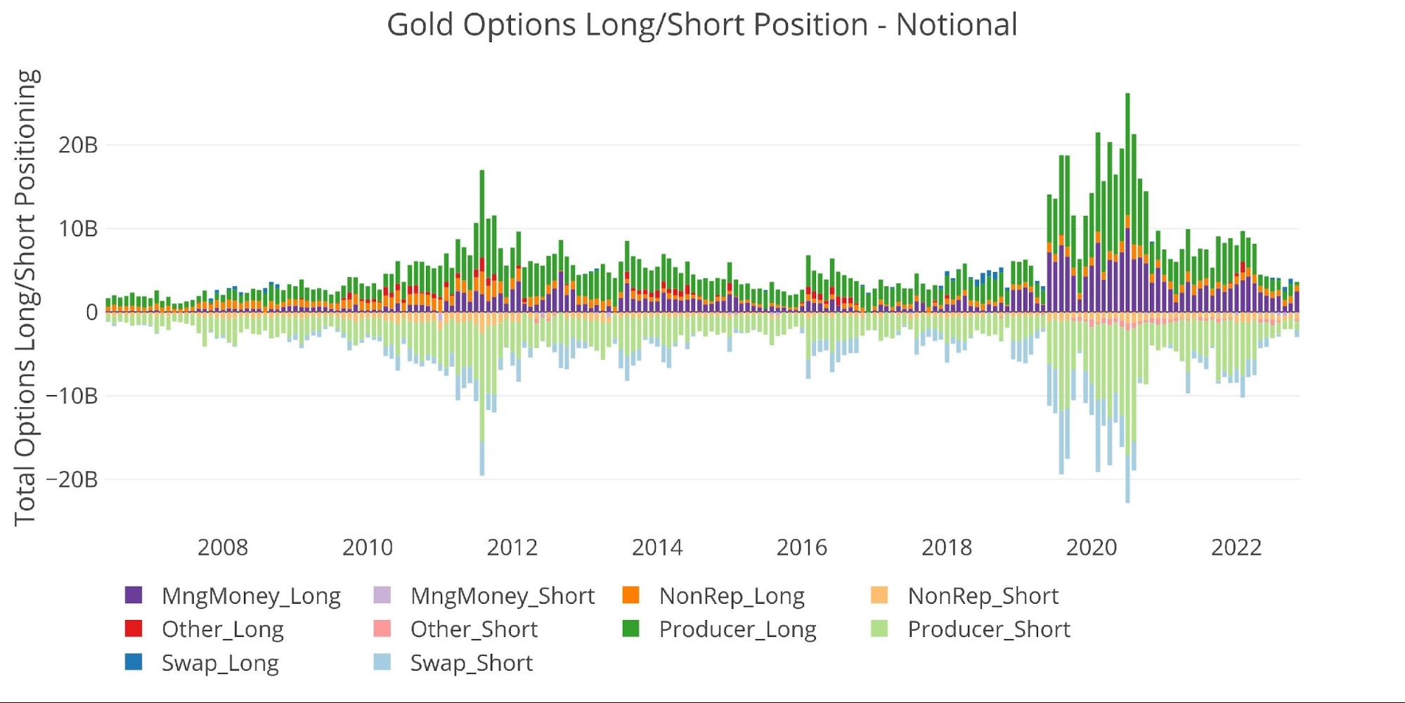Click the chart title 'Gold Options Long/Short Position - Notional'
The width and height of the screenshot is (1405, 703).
702,25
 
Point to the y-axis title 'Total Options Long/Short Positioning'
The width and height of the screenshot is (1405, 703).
25,297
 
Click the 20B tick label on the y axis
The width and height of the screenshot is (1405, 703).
78,146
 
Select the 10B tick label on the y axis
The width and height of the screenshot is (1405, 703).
78,229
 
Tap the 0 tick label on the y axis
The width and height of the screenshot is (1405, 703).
91,312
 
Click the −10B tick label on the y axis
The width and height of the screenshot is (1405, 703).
72,396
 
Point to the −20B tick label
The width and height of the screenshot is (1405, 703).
72,479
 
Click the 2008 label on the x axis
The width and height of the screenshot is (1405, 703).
223,548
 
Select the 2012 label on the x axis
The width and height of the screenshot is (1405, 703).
512,548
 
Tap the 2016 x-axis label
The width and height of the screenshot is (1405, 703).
802,548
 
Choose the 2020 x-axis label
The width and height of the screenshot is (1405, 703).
1092,548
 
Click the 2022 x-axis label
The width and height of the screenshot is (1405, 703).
1236,548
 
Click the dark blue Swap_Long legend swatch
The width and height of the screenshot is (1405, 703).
134,662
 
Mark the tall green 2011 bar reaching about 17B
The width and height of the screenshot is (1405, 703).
482,211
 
